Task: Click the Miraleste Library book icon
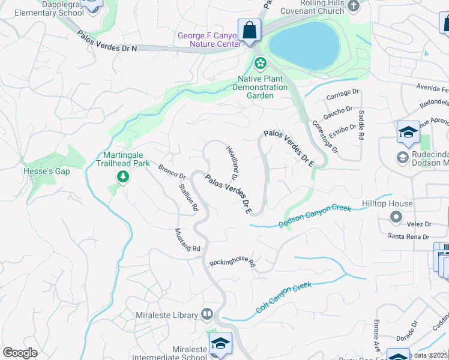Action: (207, 314)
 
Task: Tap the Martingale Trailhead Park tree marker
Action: (122, 176)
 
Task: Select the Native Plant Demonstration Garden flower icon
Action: (260, 62)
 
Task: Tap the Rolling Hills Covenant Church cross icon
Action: (354, 6)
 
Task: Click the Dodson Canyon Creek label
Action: (315, 216)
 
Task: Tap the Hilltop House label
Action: (387, 204)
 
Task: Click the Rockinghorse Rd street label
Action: (232, 263)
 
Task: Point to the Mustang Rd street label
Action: (187, 240)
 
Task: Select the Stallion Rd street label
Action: (188, 197)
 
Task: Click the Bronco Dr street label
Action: (172, 170)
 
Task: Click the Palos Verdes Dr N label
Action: (107, 42)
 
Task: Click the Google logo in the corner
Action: (20, 353)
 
